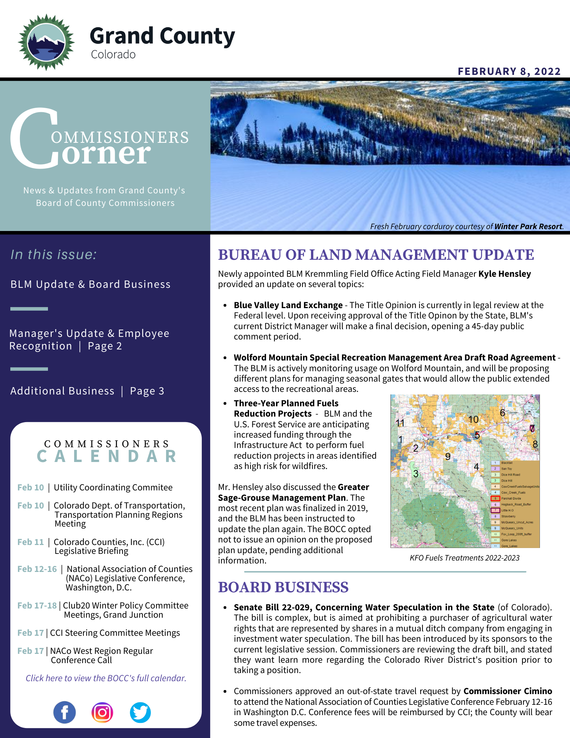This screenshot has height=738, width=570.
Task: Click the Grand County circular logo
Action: [46, 42]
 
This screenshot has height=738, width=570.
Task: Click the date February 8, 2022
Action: [509, 71]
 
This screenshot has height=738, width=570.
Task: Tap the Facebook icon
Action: [65, 712]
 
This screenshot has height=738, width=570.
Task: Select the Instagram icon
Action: [102, 712]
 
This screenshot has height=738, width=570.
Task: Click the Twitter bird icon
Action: [140, 712]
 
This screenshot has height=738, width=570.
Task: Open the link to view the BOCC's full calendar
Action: [106, 678]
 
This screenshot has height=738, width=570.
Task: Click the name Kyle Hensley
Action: [504, 274]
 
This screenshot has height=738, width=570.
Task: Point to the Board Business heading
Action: [283, 587]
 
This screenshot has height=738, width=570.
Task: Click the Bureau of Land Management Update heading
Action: [376, 255]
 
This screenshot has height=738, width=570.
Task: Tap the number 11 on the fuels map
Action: [400, 423]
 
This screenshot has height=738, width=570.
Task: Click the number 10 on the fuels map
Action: [473, 419]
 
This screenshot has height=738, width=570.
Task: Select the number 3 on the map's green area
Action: [415, 473]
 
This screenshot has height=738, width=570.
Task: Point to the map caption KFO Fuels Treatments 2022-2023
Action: [464, 558]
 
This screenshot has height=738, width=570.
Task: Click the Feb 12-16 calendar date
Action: [37, 569]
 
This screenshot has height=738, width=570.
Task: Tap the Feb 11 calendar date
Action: [31, 542]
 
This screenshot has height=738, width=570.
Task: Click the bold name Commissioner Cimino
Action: [508, 691]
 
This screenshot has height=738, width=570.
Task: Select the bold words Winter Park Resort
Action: [528, 227]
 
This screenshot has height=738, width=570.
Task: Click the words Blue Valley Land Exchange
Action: [288, 305]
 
